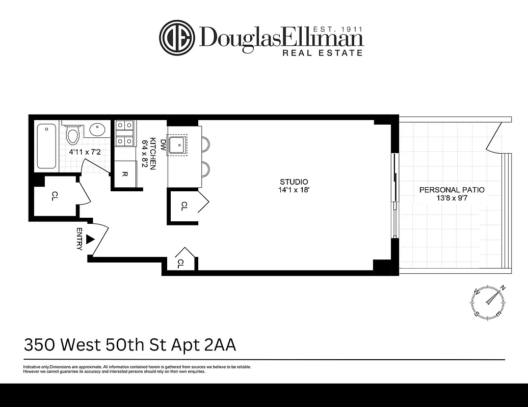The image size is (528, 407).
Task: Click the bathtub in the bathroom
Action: coord(46,147)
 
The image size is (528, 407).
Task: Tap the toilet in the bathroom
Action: coord(73,134)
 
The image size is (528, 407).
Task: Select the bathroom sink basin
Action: coord(98,130)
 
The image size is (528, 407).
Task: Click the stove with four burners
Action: coord(124,133)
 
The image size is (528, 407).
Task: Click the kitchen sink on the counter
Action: coord(178,144)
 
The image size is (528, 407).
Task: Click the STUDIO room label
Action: coord(294,182)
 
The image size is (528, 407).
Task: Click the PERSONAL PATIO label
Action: coord(452,190)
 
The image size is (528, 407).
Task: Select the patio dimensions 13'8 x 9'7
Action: coord(452,198)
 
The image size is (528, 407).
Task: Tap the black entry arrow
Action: coord(91,239)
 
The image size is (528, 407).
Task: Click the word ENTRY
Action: coord(80,239)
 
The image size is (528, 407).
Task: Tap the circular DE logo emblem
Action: coord(177,38)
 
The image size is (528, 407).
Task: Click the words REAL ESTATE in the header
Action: coord(323,52)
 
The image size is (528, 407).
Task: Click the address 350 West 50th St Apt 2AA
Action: coord(130,345)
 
